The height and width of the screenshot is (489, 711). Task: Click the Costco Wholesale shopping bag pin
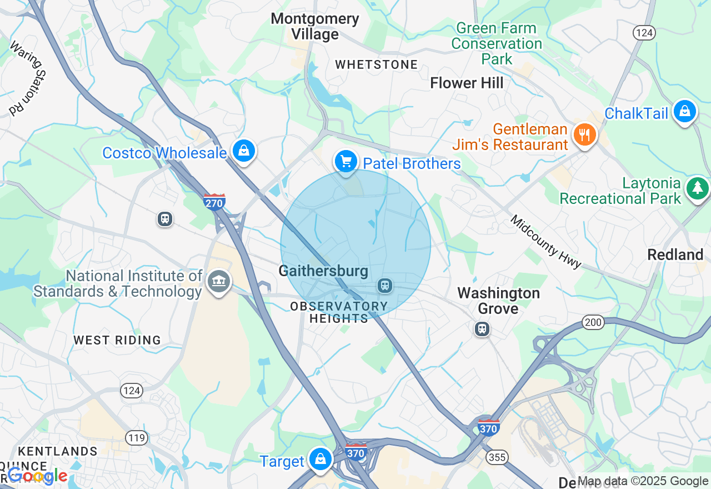(243, 151)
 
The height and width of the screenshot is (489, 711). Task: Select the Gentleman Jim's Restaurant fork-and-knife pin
(584, 135)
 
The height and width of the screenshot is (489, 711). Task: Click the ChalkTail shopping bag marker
(685, 112)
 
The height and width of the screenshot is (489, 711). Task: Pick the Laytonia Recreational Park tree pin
(697, 188)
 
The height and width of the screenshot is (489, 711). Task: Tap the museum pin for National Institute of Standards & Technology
(219, 282)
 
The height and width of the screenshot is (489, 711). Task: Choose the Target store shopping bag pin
(320, 459)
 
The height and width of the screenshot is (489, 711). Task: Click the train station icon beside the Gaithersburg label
(384, 286)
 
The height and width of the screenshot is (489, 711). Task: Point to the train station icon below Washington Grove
(482, 329)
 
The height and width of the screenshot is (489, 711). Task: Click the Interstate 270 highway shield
(214, 202)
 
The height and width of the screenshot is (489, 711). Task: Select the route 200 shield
(593, 323)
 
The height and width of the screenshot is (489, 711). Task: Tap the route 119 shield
(136, 438)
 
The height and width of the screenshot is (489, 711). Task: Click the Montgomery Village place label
(315, 26)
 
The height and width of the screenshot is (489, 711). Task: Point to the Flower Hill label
(467, 83)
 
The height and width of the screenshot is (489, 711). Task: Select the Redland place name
(675, 255)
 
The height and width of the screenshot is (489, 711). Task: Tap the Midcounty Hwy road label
(545, 242)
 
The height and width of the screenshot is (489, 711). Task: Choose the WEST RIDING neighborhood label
(117, 340)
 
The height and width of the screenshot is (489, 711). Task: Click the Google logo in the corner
(37, 476)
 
